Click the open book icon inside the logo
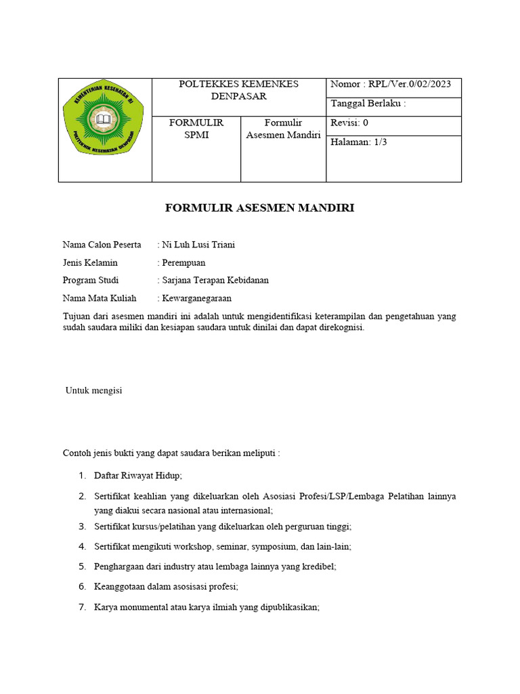[104, 121]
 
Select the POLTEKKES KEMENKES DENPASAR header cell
[238, 90]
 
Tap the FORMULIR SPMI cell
[196, 129]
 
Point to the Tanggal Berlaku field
[368, 104]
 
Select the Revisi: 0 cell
[349, 123]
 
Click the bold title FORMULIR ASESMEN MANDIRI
[259, 208]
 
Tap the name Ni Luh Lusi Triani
[198, 245]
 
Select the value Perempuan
[183, 262]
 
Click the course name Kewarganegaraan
[197, 298]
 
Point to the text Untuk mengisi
[93, 390]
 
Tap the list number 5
[82, 566]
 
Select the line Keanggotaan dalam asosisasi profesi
[167, 586]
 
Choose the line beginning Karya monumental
[207, 607]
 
